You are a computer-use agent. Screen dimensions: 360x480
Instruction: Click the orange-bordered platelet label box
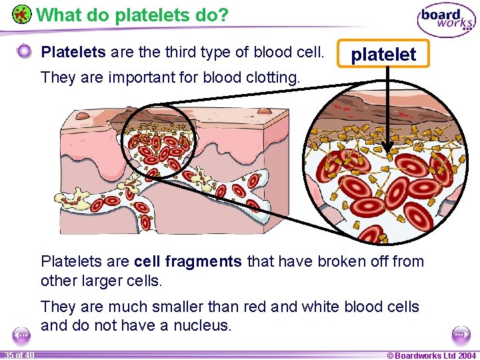click(383, 54)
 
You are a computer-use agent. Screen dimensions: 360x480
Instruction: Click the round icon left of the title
click(22, 14)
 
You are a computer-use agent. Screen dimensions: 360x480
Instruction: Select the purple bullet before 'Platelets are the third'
click(24, 51)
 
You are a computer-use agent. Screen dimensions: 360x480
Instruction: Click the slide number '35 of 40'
click(19, 355)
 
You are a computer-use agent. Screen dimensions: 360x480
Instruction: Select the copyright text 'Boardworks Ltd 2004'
click(434, 355)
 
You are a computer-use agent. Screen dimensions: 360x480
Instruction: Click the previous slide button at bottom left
click(21, 334)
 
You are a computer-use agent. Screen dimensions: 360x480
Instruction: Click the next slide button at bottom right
click(459, 334)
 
